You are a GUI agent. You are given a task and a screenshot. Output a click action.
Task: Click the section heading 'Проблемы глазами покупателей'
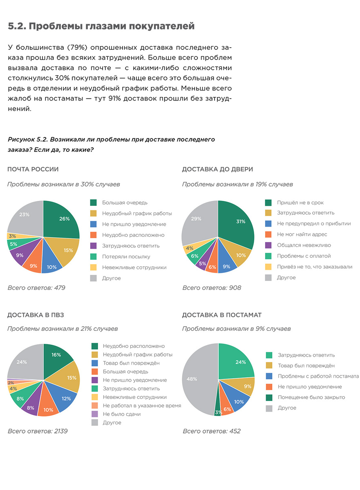(x=101, y=27)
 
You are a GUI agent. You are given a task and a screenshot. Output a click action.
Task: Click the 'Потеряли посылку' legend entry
(x=126, y=257)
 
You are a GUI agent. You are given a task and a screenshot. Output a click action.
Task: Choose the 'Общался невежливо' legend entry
(x=304, y=245)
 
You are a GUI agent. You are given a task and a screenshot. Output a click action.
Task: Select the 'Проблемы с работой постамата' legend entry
(x=318, y=376)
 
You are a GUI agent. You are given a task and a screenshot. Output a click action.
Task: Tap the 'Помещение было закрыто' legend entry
(x=311, y=397)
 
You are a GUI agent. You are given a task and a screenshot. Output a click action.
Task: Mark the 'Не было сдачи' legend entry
(x=121, y=414)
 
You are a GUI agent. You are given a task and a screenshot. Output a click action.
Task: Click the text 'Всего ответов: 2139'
(x=37, y=431)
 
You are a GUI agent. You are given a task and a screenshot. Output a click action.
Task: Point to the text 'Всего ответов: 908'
(x=212, y=288)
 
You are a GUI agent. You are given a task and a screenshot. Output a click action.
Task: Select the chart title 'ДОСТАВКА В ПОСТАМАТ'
(x=221, y=315)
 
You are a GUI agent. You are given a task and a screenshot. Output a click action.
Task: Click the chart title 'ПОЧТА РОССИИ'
(x=33, y=169)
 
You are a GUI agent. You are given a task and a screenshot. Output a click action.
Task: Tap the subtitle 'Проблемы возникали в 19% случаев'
(x=237, y=185)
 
